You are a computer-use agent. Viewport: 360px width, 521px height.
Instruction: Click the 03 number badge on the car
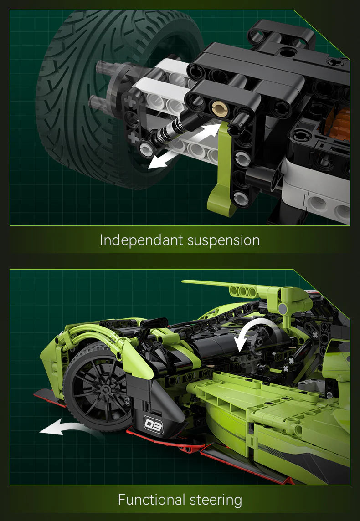[x=153, y=424]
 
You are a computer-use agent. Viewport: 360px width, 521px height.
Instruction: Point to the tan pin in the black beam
[x=220, y=109]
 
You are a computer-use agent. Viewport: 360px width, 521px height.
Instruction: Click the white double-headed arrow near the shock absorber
[x=185, y=146]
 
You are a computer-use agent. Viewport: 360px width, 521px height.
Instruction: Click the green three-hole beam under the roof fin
[x=243, y=291]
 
